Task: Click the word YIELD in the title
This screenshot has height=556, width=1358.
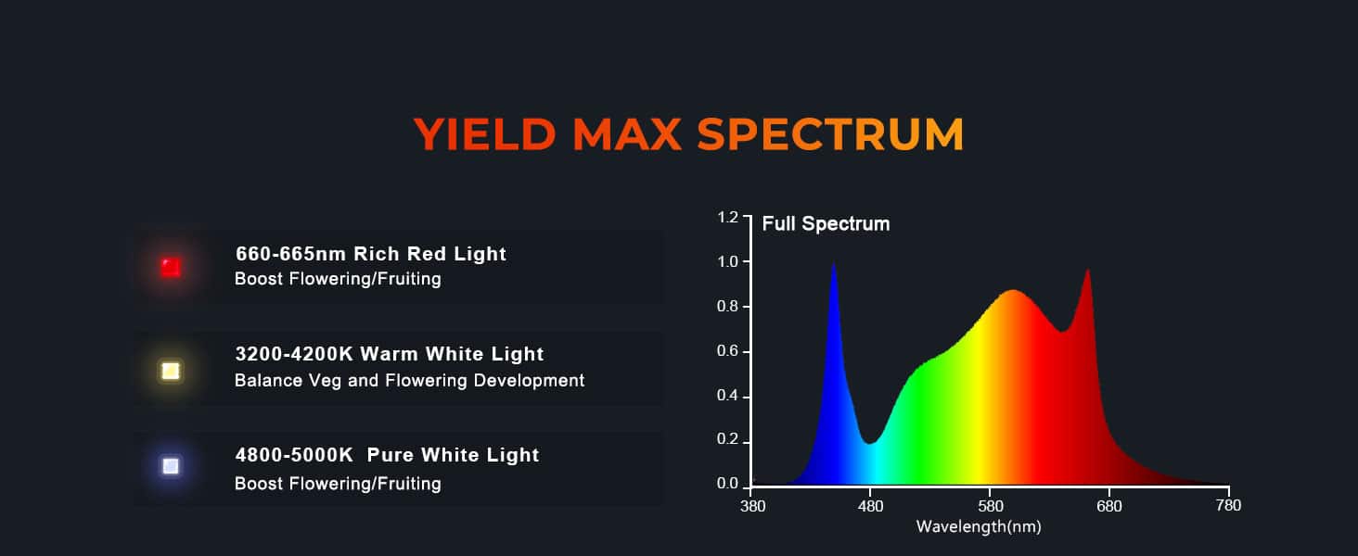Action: tap(485, 133)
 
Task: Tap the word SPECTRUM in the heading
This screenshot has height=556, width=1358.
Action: tap(830, 133)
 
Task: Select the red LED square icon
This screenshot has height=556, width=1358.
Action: tap(171, 267)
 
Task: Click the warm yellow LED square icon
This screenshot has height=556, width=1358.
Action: tap(171, 371)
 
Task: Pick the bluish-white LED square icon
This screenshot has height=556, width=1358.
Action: tap(171, 466)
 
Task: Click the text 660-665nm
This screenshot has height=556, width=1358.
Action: tap(290, 254)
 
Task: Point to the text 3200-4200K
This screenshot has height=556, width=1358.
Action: tap(294, 354)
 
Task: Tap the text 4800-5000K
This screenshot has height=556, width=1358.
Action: tap(294, 455)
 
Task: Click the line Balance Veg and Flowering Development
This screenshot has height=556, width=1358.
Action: tap(409, 380)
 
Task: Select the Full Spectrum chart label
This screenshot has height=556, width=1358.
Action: tap(826, 223)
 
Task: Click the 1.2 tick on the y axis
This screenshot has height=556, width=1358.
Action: tap(727, 218)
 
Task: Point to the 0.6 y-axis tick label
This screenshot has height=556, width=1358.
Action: tap(727, 351)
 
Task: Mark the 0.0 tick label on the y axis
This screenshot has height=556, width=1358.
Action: tap(727, 484)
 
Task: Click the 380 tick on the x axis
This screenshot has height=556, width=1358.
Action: tap(752, 506)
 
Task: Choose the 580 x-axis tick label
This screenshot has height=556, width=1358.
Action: tap(991, 506)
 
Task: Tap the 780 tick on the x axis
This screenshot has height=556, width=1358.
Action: tap(1228, 505)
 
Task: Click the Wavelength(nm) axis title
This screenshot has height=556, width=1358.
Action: tap(979, 527)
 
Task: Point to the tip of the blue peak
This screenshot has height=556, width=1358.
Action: tap(834, 263)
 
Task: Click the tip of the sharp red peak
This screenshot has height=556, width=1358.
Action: tap(1088, 269)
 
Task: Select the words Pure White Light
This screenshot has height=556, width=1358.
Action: tap(453, 455)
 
